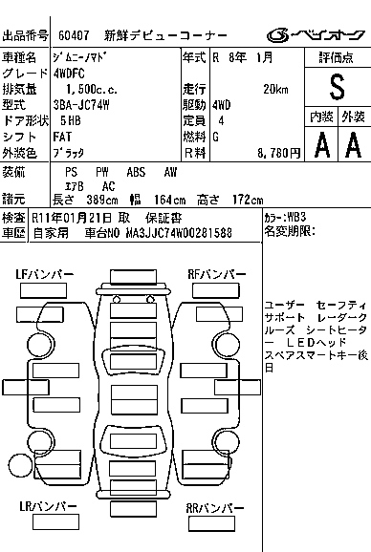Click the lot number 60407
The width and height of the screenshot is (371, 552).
[74, 35]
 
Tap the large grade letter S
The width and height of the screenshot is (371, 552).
[337, 87]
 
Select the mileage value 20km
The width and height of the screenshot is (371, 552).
[275, 90]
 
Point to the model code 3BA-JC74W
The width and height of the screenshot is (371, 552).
[81, 105]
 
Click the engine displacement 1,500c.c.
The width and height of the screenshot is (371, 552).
[92, 90]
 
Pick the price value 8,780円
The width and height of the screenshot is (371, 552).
[278, 153]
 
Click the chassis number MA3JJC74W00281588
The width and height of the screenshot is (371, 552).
[179, 233]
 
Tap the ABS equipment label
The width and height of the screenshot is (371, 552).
[136, 172]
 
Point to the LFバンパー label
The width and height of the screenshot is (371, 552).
[45, 274]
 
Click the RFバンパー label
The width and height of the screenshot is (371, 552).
[217, 274]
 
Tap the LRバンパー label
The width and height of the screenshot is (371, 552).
[48, 506]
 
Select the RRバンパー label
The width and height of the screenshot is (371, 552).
[215, 508]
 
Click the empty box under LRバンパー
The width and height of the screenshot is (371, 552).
[55, 521]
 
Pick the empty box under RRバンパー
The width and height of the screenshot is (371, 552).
[211, 524]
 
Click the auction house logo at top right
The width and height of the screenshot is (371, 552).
[316, 34]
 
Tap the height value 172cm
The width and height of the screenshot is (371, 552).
[248, 200]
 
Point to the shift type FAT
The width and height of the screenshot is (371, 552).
[62, 137]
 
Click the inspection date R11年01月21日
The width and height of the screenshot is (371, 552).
[72, 218]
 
